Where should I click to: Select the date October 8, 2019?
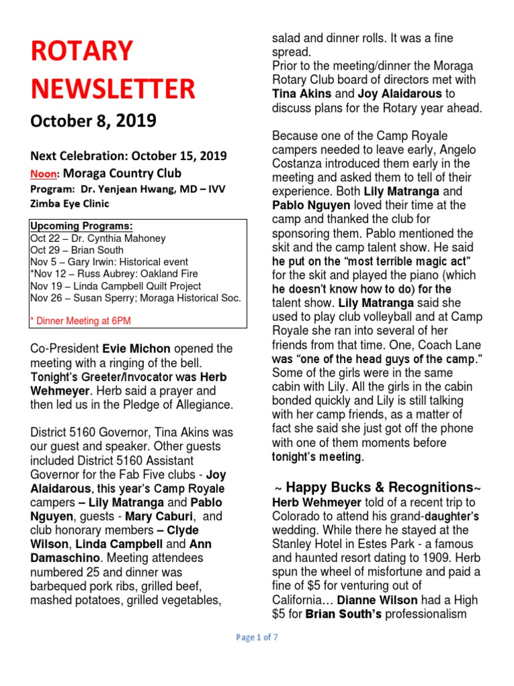[x=93, y=121]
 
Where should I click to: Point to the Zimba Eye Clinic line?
[x=70, y=204]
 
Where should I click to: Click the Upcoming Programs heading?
[x=82, y=226]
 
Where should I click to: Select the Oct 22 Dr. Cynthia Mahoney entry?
[x=98, y=238]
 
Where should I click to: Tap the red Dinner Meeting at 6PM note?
[x=81, y=321]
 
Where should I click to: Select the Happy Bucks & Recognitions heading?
[x=376, y=487]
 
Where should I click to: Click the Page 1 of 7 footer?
[x=257, y=638]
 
